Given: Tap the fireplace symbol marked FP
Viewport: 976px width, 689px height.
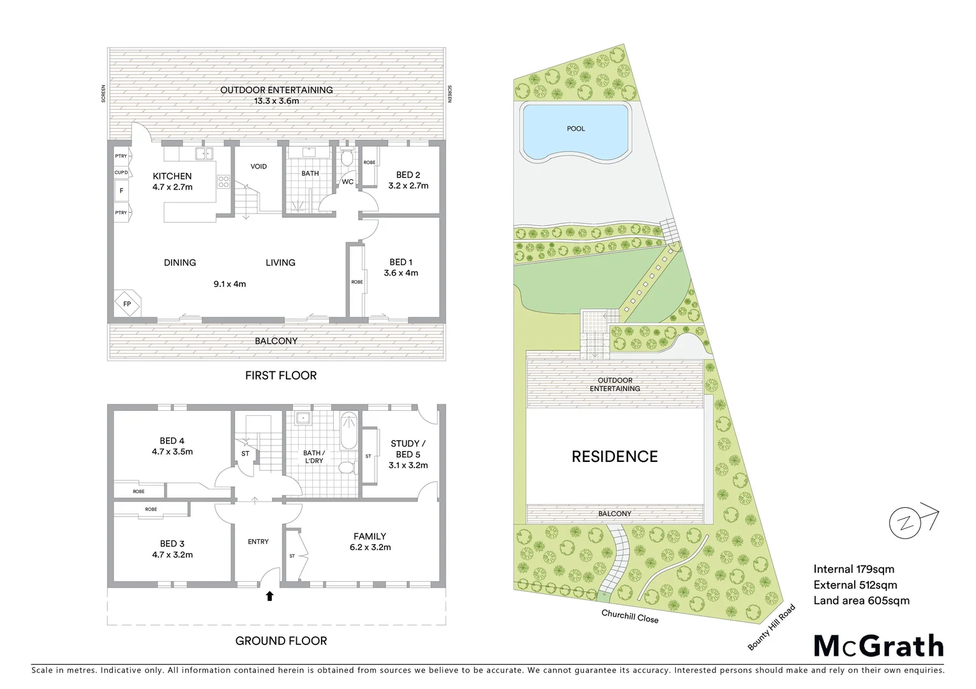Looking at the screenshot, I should [127, 304].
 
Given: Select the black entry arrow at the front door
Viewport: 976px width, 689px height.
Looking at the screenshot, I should [269, 596].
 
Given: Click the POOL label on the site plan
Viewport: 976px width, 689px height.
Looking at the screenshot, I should [576, 129].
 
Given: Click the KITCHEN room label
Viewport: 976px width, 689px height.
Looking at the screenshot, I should [172, 176].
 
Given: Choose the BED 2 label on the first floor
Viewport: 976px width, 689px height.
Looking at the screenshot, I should [408, 175].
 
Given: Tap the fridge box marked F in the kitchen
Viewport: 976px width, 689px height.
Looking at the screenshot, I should [121, 191].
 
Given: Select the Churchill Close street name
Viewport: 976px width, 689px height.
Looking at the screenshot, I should [629, 616].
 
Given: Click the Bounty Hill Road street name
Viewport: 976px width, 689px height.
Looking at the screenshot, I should [772, 627].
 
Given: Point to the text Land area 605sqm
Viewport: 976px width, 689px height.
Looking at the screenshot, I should [861, 600].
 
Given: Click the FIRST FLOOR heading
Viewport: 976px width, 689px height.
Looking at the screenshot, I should [281, 376].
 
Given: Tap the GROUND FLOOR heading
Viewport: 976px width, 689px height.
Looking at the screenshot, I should [281, 641].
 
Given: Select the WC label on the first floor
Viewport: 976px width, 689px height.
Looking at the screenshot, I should [347, 182].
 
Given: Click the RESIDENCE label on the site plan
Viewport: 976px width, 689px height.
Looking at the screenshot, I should [614, 457].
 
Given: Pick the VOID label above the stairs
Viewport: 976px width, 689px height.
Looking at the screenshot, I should [259, 167].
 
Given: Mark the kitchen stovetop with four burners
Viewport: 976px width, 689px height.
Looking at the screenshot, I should [223, 182].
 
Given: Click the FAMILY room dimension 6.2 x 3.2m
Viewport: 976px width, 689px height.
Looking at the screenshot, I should [370, 547].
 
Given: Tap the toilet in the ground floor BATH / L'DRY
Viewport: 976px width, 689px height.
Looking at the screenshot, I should [346, 468].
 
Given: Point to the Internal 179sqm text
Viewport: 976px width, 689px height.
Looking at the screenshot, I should [853, 569].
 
